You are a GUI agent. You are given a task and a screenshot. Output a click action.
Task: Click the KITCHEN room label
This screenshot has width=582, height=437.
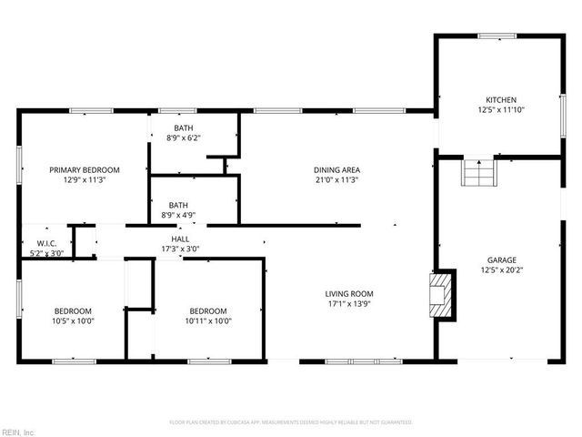point(500,99)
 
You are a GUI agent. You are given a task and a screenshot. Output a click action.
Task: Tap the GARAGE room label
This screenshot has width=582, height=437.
point(500,259)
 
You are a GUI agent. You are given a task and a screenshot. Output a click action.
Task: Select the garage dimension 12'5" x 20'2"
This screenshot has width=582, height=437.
point(500,269)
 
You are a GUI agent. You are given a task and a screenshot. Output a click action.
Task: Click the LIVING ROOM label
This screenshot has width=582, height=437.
point(349,293)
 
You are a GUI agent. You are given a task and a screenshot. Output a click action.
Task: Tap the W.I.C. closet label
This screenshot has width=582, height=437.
point(47,243)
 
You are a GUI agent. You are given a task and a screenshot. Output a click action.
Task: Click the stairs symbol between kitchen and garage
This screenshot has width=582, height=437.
point(478,172)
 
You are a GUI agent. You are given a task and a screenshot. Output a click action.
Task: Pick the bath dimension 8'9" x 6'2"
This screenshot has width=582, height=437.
point(185,138)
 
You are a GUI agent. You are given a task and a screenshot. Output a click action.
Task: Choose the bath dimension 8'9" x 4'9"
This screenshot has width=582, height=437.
point(178,216)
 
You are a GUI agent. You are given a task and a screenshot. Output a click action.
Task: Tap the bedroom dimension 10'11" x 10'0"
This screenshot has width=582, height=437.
point(209,320)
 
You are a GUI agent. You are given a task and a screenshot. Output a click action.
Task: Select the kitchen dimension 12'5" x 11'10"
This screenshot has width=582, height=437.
point(500,109)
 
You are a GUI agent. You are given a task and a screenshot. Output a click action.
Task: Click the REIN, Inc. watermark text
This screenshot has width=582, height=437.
point(18,432)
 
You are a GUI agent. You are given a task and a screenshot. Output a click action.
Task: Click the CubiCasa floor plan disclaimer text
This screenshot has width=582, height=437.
point(291,422)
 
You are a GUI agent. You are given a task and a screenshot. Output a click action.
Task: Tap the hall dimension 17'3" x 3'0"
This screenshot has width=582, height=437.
point(180,249)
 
